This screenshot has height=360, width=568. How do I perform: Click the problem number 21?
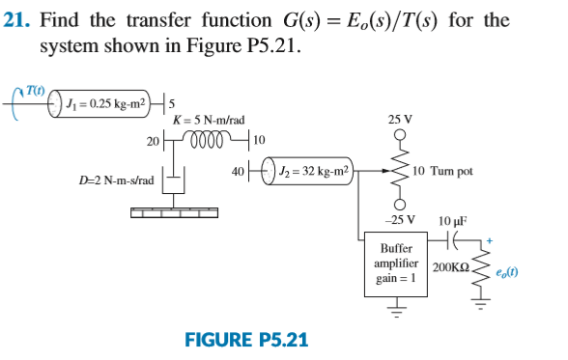pos(18,20)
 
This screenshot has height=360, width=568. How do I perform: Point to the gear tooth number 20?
pos(153,142)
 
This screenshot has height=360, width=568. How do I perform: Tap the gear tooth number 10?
pos(258,142)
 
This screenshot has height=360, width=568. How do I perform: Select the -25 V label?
pos(400,218)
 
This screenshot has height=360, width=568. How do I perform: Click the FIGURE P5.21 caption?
pos(246,340)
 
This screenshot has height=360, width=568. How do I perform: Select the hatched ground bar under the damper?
pos(174,213)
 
